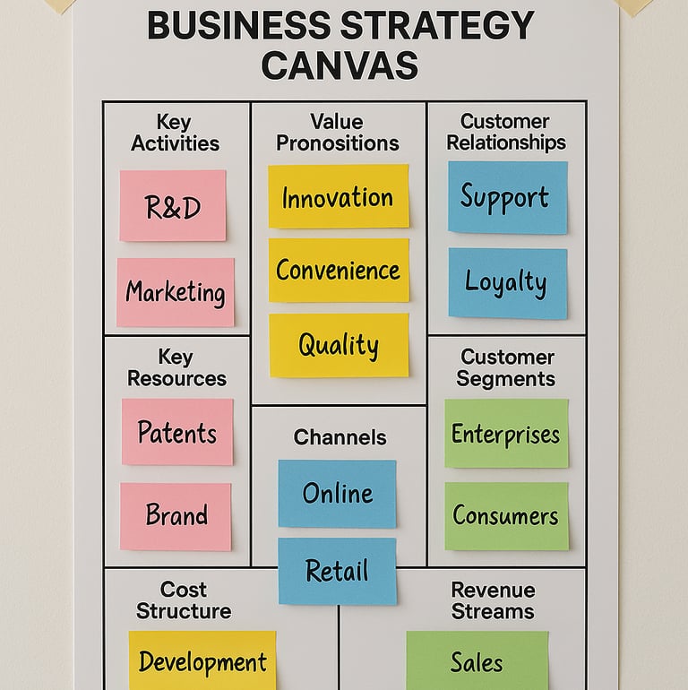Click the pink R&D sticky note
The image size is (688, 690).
point(173,205)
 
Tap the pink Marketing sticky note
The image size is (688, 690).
point(176,292)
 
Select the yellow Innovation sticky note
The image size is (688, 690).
point(338,195)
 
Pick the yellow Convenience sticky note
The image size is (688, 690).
point(339,270)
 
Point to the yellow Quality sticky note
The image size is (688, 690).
point(339,345)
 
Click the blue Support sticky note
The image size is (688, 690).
point(507,197)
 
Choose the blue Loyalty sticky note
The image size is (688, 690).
point(507,283)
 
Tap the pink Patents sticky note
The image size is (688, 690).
point(177,432)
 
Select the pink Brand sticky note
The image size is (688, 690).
point(176,516)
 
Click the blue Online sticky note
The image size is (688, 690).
point(337,494)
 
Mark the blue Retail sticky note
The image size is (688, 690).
point(337,571)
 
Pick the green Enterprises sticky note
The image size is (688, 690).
point(506,434)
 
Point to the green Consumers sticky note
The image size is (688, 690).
point(506,516)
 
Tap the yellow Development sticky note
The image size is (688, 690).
point(202,661)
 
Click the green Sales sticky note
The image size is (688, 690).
point(477,661)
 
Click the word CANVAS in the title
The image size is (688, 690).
point(340,65)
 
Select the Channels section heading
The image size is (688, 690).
point(340,437)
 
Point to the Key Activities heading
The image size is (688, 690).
point(175,132)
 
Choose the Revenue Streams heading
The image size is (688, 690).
point(493,600)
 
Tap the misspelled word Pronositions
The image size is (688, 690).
point(337,142)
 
